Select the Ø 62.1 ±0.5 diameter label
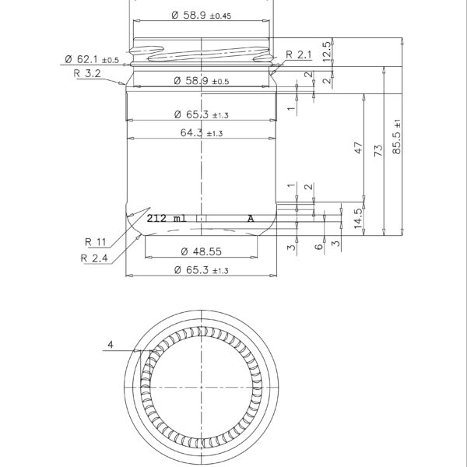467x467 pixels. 93,59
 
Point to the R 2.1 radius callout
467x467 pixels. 298,54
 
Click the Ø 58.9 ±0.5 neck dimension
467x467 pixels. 202,81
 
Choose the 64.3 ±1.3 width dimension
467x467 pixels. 202,133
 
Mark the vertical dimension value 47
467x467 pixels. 359,147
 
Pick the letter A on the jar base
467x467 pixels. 251,219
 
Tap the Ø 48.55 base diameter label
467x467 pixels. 202,251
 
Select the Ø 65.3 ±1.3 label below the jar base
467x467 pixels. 202,269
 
